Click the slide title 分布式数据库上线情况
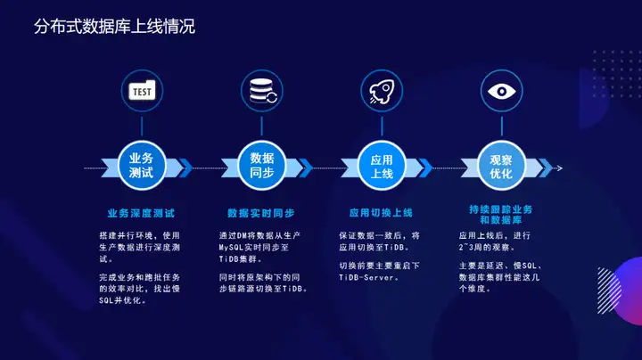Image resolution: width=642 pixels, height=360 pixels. click(x=114, y=27)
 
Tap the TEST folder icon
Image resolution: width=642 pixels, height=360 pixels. click(x=142, y=90)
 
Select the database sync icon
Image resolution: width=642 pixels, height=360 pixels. click(x=262, y=91)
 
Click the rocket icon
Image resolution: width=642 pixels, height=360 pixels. click(x=382, y=91)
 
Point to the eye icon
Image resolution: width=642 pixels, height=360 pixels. click(x=501, y=91)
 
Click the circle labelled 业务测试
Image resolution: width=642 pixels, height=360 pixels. click(x=142, y=166)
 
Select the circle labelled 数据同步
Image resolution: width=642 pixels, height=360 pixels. click(x=261, y=166)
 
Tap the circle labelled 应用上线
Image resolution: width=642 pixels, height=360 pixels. click(x=382, y=166)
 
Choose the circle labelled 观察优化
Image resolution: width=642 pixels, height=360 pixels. click(x=501, y=166)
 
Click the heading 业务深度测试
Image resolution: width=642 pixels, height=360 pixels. click(x=141, y=213)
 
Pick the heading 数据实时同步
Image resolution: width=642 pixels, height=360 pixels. click(x=261, y=213)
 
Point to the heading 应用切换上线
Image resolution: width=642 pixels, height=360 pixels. click(x=381, y=213)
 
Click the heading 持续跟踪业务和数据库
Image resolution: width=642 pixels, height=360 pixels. click(x=501, y=215)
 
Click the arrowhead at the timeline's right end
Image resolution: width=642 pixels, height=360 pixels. click(x=560, y=168)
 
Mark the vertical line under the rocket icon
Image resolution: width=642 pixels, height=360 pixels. click(x=382, y=127)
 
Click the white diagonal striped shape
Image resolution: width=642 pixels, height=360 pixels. click(x=609, y=290)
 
